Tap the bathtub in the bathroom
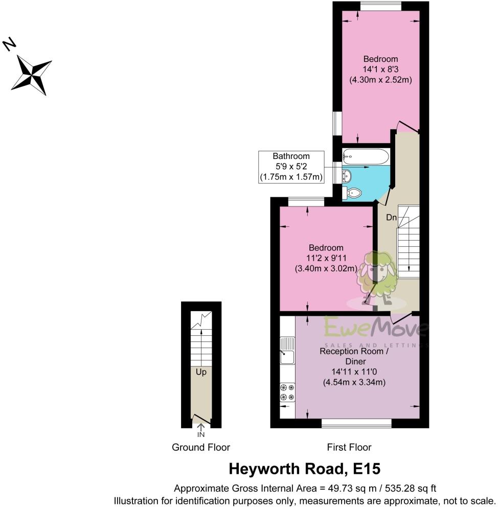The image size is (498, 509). click(x=366, y=155)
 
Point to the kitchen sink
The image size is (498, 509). click(x=287, y=351)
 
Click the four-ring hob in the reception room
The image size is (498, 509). click(x=287, y=391)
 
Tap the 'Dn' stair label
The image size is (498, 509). click(x=391, y=218)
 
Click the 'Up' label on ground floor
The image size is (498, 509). click(x=201, y=373)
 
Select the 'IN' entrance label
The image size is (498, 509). click(x=201, y=435)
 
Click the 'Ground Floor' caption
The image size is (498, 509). click(x=201, y=447)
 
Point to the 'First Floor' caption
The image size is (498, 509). click(x=349, y=447)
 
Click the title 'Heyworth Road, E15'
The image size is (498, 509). click(x=304, y=469)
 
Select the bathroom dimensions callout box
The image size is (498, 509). click(x=291, y=167)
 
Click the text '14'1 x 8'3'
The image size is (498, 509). click(x=380, y=70)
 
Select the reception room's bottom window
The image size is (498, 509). click(x=356, y=423)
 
